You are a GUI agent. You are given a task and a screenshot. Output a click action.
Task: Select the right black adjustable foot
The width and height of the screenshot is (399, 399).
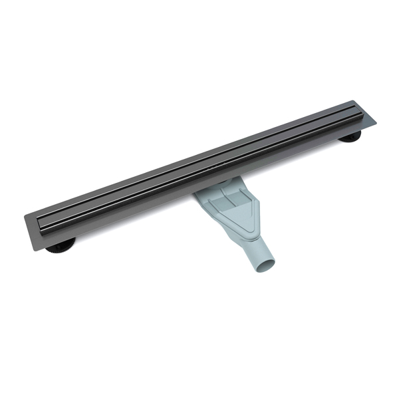(x=351, y=138)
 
